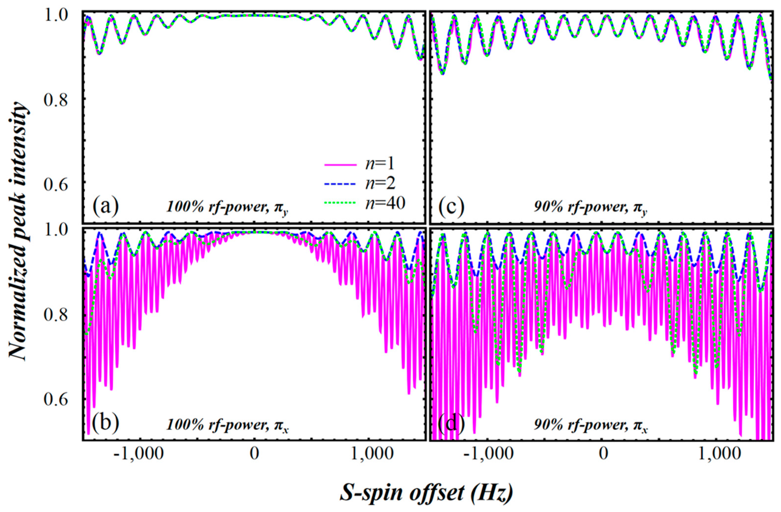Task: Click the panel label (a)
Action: pyautogui.click(x=105, y=206)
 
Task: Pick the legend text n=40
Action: pyautogui.click(x=386, y=204)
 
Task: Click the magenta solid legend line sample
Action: pyautogui.click(x=340, y=165)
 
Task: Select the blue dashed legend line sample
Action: pyautogui.click(x=340, y=185)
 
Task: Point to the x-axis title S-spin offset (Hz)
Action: pyautogui.click(x=426, y=493)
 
